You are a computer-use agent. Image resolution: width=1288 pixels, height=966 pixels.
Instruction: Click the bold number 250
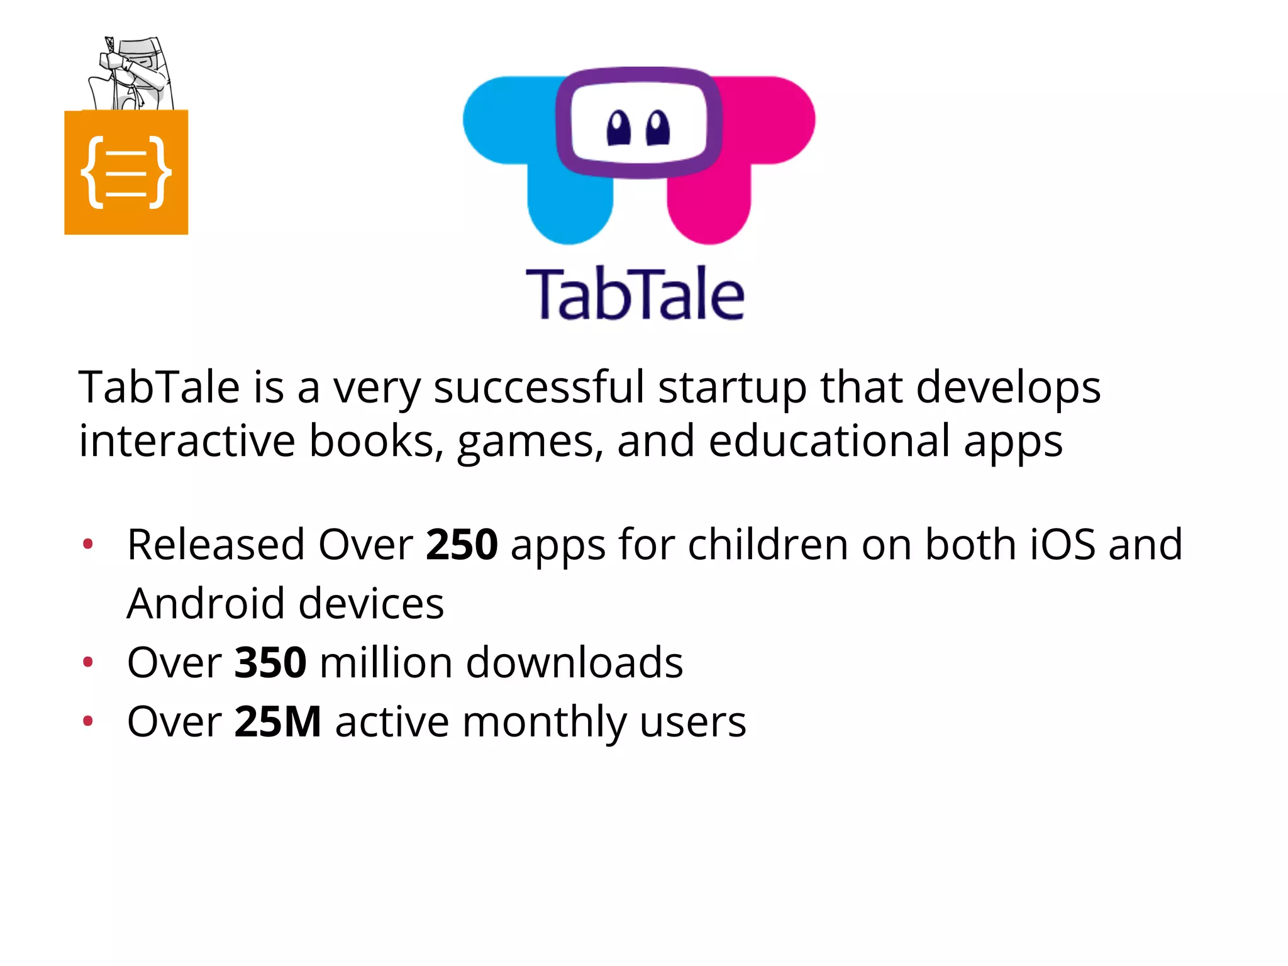[462, 545]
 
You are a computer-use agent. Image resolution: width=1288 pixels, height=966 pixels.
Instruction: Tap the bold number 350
[270, 663]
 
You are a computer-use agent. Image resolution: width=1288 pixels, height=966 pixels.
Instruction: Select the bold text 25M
[278, 722]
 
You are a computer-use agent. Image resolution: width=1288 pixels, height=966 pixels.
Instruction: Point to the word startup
[732, 388]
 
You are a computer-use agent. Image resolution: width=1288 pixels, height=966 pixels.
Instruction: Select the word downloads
[574, 663]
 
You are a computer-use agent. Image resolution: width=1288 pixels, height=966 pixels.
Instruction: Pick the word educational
[829, 441]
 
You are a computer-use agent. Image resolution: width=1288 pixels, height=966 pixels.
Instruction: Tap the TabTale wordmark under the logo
[635, 294]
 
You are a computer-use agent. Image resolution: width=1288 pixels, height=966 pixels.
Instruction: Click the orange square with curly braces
[126, 172]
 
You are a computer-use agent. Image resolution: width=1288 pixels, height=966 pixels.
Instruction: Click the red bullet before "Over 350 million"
[88, 662]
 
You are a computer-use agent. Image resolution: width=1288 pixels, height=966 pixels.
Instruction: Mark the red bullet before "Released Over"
[88, 543]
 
